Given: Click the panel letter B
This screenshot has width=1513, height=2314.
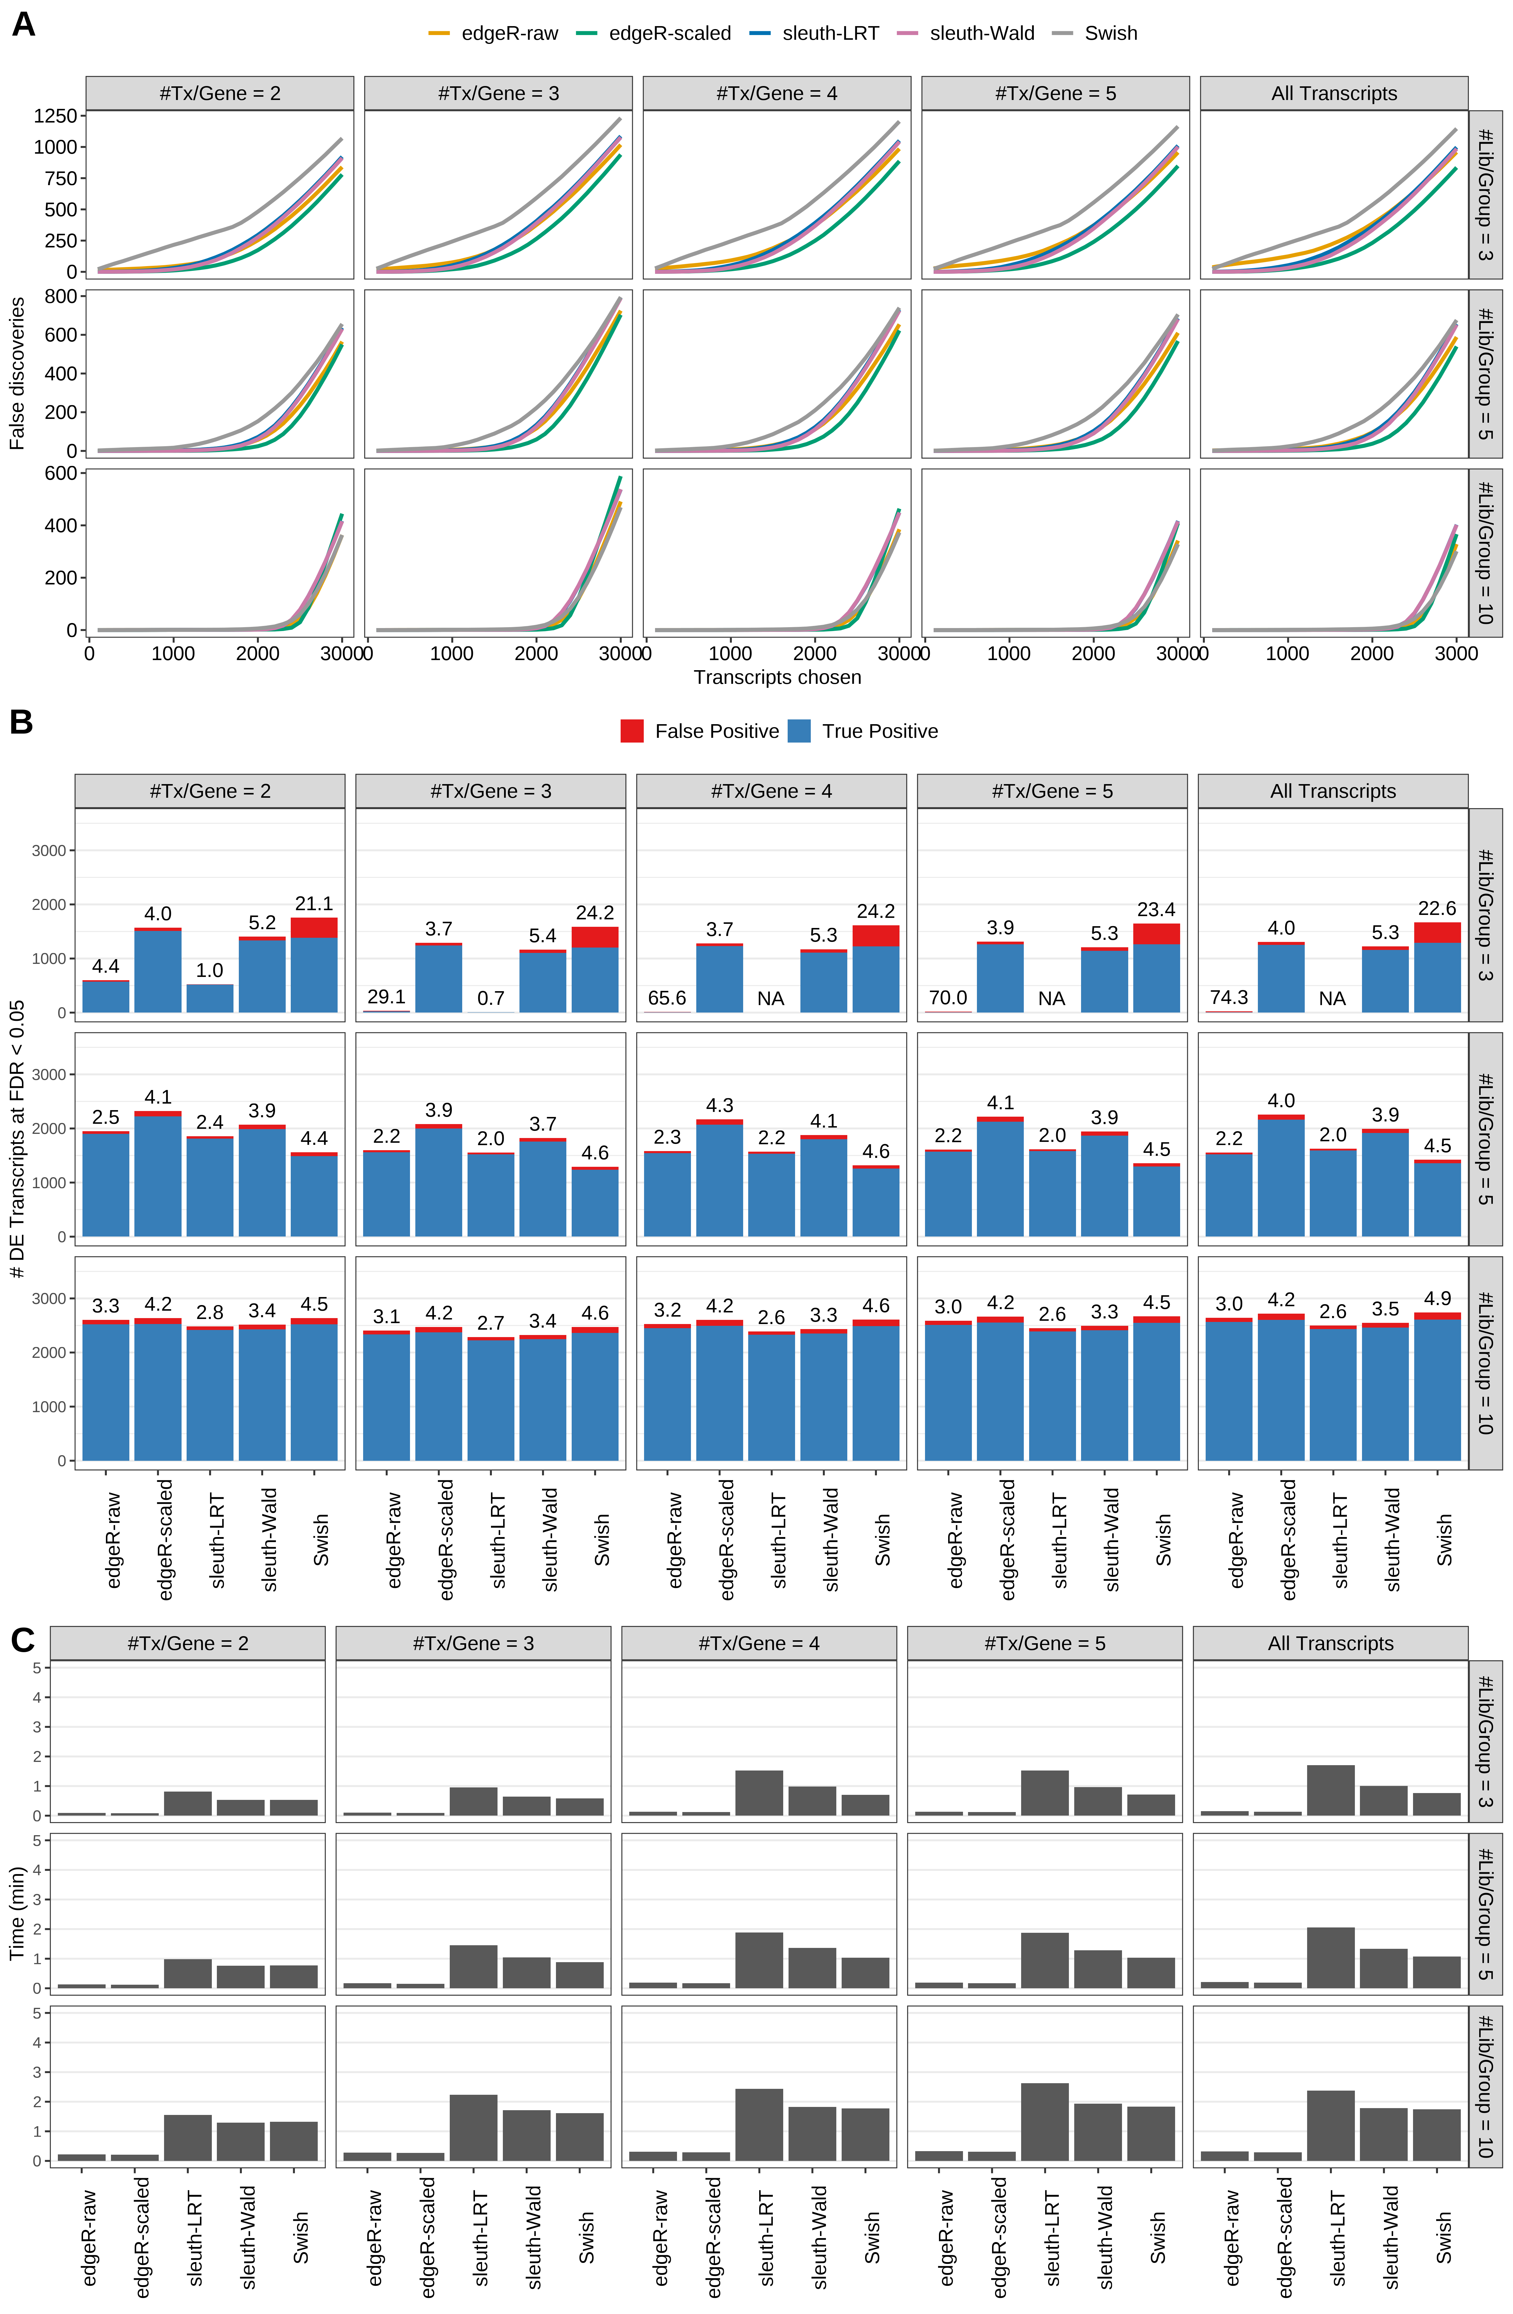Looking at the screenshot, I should click(x=21, y=722).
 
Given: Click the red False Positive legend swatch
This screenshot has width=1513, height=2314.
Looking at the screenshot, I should click(x=632, y=731).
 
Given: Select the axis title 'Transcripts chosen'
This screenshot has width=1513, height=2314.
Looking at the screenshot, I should click(x=777, y=678).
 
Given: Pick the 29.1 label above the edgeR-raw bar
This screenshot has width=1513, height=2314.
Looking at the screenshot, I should click(x=386, y=997).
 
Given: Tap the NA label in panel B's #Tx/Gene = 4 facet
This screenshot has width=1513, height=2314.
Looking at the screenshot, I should click(x=770, y=999).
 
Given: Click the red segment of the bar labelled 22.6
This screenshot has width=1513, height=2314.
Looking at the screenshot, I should click(x=1437, y=932).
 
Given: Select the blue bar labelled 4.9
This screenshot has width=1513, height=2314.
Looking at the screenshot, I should click(x=1437, y=1390).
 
